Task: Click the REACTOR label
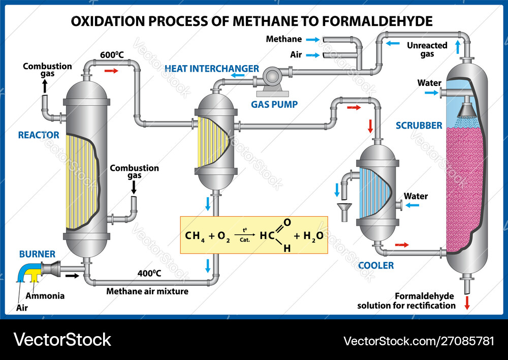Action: [x=39, y=135]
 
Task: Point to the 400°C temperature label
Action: [x=149, y=274]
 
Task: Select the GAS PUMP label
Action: [x=274, y=104]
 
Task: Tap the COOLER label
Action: [x=376, y=265]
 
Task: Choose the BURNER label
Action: [x=37, y=254]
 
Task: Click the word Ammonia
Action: [x=45, y=296]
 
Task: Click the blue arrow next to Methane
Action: [x=314, y=39]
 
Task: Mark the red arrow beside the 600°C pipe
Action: [x=111, y=71]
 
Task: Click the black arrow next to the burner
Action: [x=72, y=276]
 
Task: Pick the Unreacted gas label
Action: [x=427, y=49]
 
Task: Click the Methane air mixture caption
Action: [x=147, y=291]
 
